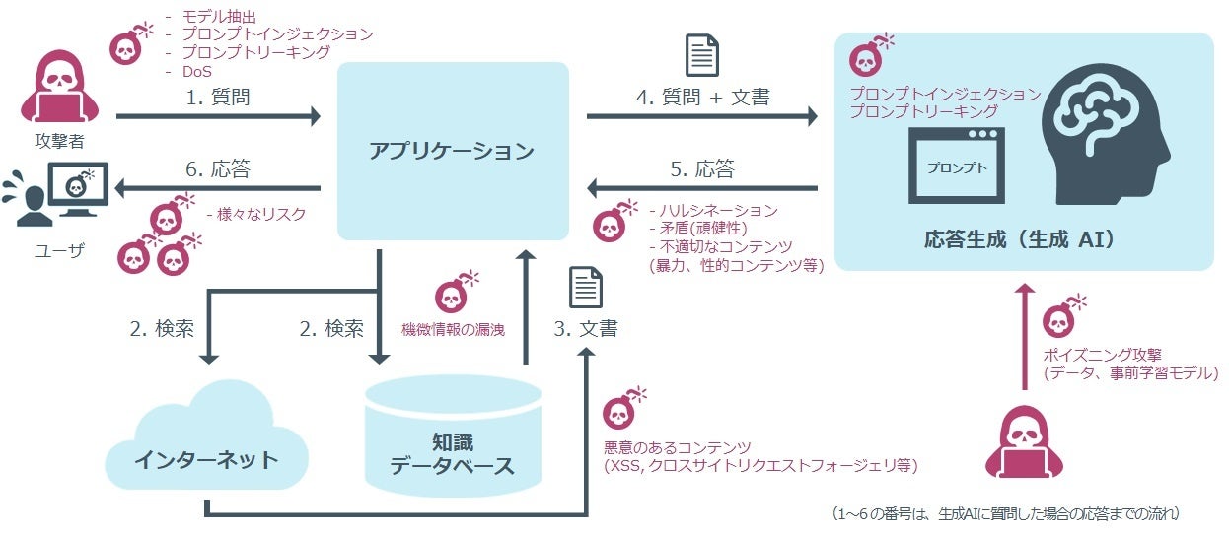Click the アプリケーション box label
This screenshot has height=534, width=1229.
tap(452, 151)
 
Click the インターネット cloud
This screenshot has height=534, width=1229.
tap(206, 443)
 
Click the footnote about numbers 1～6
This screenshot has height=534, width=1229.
tap(1005, 513)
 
